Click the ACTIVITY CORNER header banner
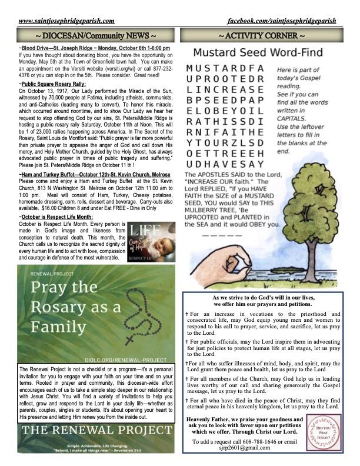pos(261,36)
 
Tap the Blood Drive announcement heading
pos(94,48)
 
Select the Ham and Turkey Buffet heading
pos(95,175)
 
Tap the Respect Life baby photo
pos(152,242)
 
